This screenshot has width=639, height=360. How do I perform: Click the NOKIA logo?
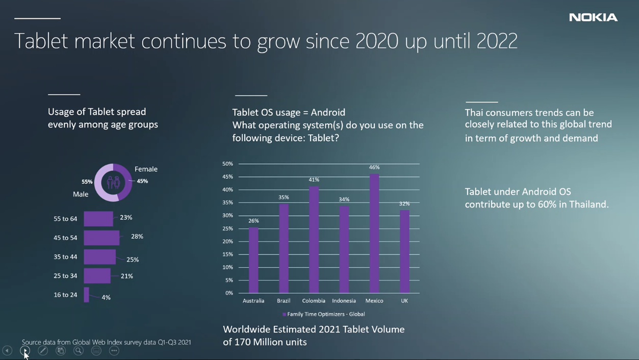click(593, 17)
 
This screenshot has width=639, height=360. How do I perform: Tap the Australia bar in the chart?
click(253, 260)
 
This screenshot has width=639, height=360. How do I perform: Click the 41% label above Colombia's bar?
click(314, 179)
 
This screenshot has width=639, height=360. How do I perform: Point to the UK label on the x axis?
click(404, 301)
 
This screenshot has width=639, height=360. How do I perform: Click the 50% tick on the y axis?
click(227, 164)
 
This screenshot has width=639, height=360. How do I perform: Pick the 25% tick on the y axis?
click(227, 228)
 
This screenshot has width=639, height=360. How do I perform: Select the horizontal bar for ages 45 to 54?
click(101, 238)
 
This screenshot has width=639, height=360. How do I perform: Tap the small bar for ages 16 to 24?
click(87, 295)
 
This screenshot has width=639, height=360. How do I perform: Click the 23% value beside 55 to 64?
click(126, 218)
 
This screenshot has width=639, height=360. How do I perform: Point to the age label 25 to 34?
click(65, 276)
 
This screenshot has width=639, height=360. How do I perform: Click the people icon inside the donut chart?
click(113, 182)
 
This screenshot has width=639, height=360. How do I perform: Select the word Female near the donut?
click(146, 169)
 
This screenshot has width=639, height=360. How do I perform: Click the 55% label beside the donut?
click(87, 182)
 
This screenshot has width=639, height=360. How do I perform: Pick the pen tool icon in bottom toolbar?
click(43, 350)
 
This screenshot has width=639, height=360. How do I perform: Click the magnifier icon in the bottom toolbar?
click(79, 350)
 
